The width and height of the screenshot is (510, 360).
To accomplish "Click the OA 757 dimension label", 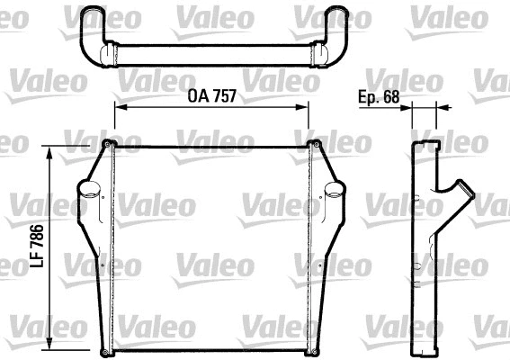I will point(212,96).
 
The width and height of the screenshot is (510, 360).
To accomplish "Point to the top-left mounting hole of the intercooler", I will point(109,146).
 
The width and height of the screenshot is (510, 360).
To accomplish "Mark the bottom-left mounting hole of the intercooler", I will point(109,349).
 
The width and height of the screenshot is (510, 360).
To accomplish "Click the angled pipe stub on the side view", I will point(460,193).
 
